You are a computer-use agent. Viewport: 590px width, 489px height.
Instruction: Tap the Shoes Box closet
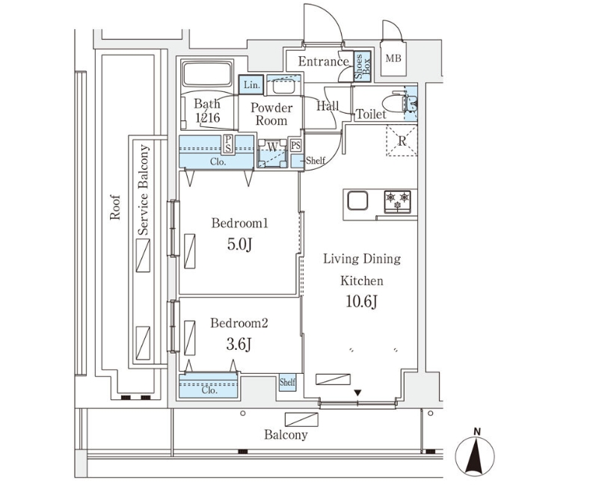click(359, 67)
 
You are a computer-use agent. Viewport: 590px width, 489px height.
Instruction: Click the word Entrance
click(323, 61)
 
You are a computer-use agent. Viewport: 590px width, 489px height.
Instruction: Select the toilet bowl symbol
click(393, 103)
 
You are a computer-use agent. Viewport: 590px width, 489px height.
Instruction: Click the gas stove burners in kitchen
click(398, 200)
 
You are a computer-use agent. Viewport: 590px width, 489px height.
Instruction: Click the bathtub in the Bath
click(208, 76)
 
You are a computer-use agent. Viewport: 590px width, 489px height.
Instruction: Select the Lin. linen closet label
click(250, 85)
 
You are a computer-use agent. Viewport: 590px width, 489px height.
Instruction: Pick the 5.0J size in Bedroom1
click(239, 244)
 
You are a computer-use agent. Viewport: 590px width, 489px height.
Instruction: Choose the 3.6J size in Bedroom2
click(239, 344)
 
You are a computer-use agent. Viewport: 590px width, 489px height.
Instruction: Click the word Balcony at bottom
click(286, 435)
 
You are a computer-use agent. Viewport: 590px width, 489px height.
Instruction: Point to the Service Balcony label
click(144, 191)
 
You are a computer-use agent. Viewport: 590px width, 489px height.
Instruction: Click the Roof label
click(114, 207)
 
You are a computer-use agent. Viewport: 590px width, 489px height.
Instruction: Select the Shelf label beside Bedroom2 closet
click(288, 383)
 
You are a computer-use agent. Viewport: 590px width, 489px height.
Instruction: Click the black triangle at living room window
click(358, 393)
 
